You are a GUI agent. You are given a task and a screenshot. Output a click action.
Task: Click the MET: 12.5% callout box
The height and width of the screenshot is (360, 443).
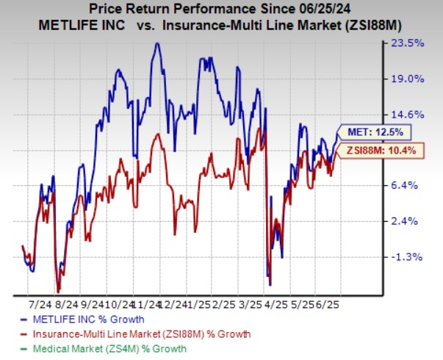[x=370, y=132]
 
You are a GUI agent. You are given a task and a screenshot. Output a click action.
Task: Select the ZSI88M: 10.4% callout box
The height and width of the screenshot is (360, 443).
[x=374, y=150]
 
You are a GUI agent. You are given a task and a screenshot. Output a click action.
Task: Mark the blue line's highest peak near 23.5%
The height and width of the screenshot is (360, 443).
[x=156, y=43]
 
